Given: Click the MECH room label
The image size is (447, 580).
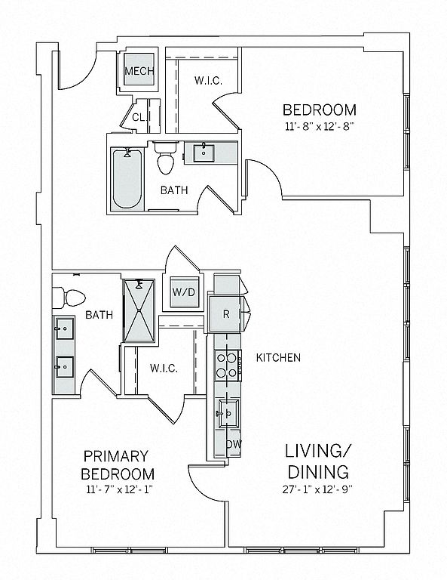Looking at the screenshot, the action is tap(139, 71).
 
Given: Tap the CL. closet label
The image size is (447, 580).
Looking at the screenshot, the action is tap(140, 118).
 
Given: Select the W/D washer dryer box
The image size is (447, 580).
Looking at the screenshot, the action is tap(184, 292).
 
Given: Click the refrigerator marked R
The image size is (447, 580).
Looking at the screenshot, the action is tap(225, 314).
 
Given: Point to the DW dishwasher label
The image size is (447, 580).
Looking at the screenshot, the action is tap(234, 444).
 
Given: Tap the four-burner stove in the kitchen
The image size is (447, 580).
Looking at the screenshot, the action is tap(228, 366).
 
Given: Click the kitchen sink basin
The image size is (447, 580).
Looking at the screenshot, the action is tap(229, 413).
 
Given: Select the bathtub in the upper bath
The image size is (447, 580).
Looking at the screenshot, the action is tap(127, 179).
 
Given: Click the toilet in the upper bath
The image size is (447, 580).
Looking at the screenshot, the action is tap(166, 158).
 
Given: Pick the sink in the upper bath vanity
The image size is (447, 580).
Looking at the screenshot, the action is tap(204, 153).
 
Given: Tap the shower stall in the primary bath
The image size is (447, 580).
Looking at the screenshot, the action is tap(139, 310).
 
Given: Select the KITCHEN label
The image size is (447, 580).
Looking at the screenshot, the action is tap(278, 358).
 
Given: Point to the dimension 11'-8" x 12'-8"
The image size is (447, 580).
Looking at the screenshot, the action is tap(320, 127).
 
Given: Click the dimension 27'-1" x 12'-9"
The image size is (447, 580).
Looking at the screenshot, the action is tap(318, 489).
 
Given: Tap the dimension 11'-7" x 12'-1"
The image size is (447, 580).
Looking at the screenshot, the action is tap(119, 489).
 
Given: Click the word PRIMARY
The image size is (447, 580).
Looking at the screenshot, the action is tap(116, 456).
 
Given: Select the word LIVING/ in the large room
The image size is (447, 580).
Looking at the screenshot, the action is tap(318, 452).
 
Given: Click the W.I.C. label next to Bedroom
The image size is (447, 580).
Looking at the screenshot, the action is tap(209, 81).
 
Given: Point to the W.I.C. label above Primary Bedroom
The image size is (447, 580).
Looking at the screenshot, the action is tap(164, 369).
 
